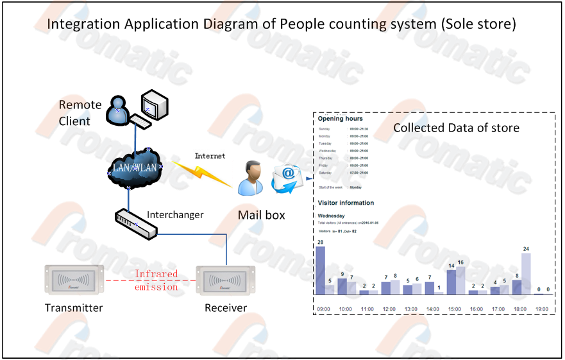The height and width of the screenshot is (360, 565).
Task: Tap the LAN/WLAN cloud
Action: (x=135, y=168)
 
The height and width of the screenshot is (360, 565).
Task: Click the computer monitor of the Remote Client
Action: (x=155, y=103)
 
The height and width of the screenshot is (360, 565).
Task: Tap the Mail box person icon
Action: (x=249, y=178)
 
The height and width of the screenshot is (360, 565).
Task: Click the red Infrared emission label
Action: (x=156, y=280)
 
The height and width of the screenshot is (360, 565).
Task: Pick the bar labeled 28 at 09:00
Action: (x=320, y=270)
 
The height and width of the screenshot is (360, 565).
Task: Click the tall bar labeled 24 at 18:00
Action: (x=526, y=273)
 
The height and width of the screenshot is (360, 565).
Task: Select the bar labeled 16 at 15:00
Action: (x=460, y=280)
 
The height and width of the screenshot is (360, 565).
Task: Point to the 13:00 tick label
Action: (x=411, y=309)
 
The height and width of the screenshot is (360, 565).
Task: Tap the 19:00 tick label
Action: (x=542, y=309)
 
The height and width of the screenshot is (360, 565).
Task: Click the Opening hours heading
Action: (x=340, y=119)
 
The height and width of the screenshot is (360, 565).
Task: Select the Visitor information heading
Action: (x=346, y=203)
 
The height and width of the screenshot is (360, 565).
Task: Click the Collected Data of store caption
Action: (x=456, y=128)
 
